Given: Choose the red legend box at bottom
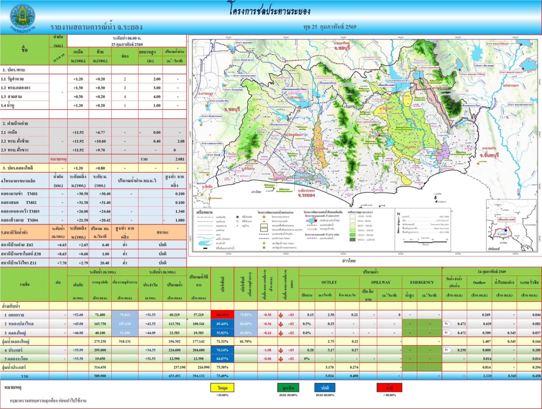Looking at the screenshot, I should click(390, 388).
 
